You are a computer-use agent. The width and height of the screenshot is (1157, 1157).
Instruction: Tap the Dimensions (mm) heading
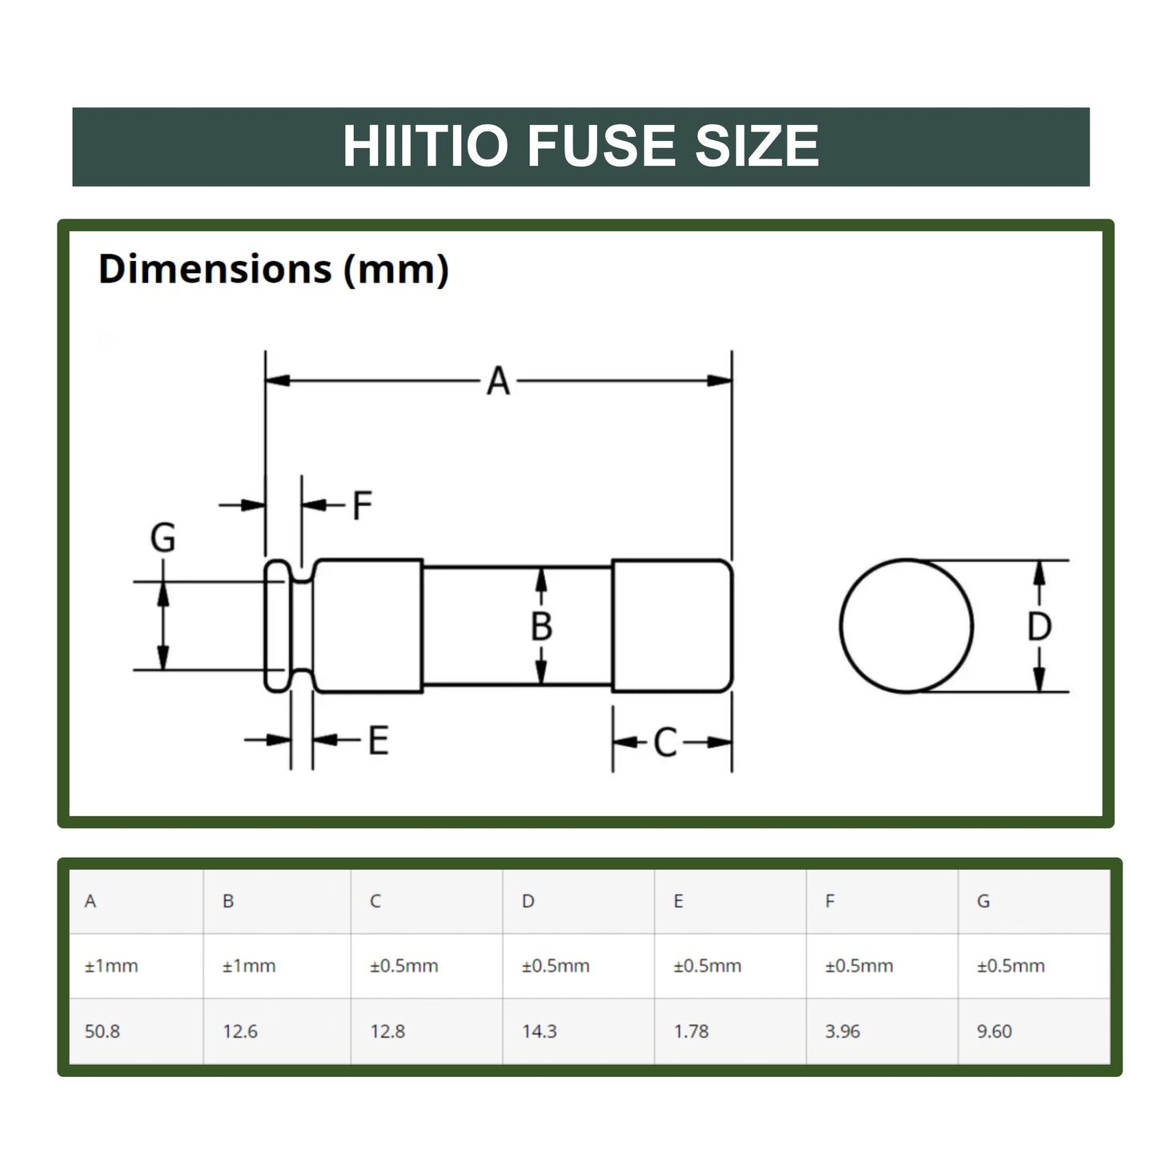coord(273,269)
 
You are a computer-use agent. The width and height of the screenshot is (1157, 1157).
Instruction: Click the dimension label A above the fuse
coord(498,381)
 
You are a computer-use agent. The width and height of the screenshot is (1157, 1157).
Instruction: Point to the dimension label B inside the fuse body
coord(541,626)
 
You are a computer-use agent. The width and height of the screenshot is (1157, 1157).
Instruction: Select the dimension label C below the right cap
coord(665,743)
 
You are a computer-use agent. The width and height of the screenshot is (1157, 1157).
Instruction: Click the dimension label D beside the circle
coord(1038,627)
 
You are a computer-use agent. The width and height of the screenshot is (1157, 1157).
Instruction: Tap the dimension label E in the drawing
coord(378,741)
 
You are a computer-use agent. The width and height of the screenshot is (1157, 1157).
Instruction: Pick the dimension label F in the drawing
coord(362,506)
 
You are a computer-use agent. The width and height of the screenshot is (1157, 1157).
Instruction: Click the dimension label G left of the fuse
coord(163,538)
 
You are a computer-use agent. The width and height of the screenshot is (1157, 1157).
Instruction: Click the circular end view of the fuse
coord(906,626)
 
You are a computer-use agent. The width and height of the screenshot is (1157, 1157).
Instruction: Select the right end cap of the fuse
coord(672,626)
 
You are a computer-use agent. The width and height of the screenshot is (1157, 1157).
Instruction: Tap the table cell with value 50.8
coord(102,1031)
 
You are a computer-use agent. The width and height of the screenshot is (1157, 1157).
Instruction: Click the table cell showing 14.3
coord(539,1031)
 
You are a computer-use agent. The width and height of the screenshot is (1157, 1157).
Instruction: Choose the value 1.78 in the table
coord(691,1031)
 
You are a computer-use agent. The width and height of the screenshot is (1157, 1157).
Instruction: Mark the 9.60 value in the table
coord(994,1031)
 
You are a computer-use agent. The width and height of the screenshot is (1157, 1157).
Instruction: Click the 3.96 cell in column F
coord(842,1031)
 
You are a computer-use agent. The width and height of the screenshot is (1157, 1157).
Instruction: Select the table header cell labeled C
coord(375,902)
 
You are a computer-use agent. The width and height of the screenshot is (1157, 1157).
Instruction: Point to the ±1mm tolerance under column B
coord(249,966)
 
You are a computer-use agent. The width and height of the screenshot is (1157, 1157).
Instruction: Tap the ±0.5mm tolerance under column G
coord(1010,966)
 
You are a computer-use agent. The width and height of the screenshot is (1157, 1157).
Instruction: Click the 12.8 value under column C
coord(388,1031)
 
